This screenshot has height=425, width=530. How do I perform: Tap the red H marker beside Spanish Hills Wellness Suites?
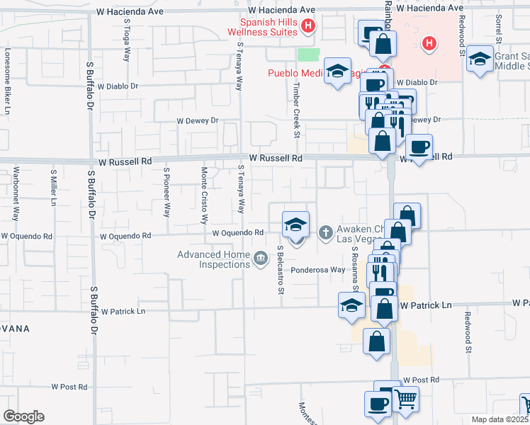point(308,28)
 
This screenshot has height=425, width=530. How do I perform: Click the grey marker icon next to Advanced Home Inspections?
point(260,259)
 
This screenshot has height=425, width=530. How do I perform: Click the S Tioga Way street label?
point(127,43)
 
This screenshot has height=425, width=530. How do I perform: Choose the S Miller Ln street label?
point(54,187)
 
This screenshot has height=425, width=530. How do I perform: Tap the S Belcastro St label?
point(281,269)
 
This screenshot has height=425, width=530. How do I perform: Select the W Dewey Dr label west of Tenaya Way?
point(198,121)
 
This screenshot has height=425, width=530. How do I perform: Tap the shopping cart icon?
point(406,399)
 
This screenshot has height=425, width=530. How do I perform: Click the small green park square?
point(308,55)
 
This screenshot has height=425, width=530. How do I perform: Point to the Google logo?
point(23,416)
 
